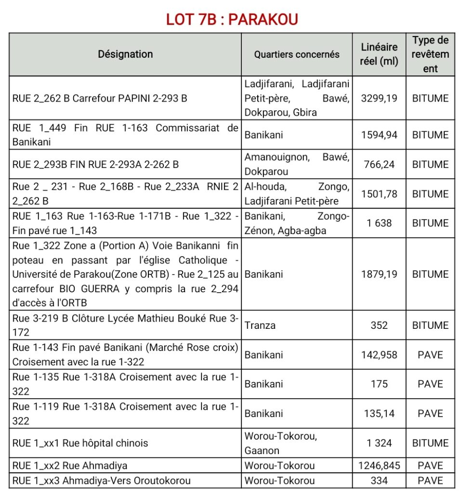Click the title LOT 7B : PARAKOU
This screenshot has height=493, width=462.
232,19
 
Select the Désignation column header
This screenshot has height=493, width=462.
125,54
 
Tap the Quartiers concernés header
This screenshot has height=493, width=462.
296,54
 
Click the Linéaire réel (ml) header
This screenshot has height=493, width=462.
379,54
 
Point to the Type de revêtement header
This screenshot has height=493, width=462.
430,54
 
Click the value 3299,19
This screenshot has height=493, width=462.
379,98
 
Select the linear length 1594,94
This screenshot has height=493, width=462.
379,135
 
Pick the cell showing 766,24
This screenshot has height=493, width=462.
379,164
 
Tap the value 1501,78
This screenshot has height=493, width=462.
379,194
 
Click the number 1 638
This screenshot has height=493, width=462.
379,223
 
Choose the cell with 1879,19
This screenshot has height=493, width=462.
379,274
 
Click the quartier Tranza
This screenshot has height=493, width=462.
260,325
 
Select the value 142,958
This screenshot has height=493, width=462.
379,355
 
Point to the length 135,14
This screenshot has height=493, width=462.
379,413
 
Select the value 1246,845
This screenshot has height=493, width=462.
379,466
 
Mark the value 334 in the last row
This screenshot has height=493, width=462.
379,480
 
